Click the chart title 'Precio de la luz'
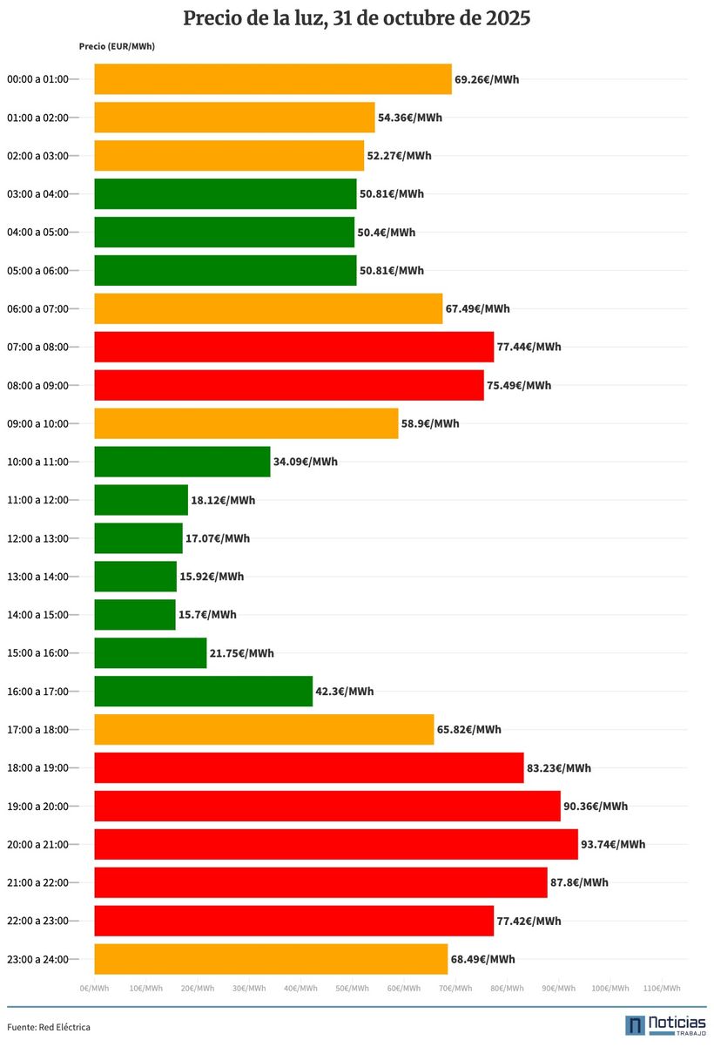pos(356,18)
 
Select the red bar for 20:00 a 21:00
pos(335,844)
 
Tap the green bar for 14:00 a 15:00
pos(134,615)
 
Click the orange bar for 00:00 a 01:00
pos(273,79)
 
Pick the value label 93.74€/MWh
pos(613,844)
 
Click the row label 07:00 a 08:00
pos(37,347)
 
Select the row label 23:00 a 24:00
pos(37,959)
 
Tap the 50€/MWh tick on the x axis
pos(352,988)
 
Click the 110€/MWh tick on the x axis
pos(662,988)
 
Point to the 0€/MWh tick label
pos(94,988)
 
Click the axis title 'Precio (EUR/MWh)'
pos(117,46)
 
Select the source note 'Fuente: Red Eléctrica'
pos(49,1027)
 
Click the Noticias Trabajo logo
pos(665,1025)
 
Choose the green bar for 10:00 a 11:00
pos(182,462)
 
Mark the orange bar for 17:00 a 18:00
pos(264,729)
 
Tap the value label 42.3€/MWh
pos(344,692)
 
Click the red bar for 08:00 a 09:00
pos(288,385)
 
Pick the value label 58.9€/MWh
pos(430,423)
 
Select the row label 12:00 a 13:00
pos(37,538)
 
